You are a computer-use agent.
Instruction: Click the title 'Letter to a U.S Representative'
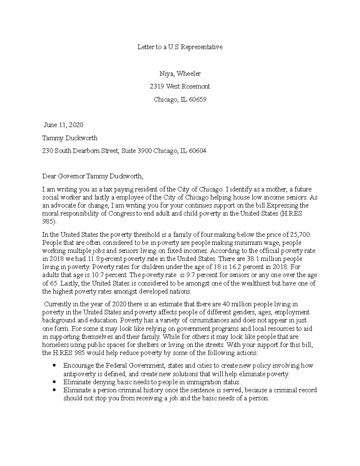coord(180,47)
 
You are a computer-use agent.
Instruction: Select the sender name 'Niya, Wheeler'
coord(180,74)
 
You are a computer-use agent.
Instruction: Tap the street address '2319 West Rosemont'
coord(180,86)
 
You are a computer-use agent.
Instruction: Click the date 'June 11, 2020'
coord(64,125)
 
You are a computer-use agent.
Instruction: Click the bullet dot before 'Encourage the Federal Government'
coord(54,366)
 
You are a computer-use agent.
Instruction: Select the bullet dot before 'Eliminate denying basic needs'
coord(54,382)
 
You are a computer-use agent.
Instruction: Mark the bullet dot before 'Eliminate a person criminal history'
coord(54,390)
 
